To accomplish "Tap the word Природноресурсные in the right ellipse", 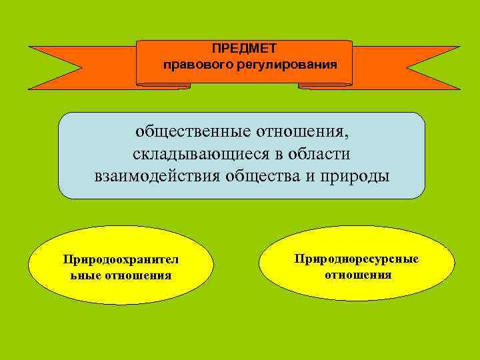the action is tap(357, 258).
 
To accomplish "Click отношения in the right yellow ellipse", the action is tap(358, 274).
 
